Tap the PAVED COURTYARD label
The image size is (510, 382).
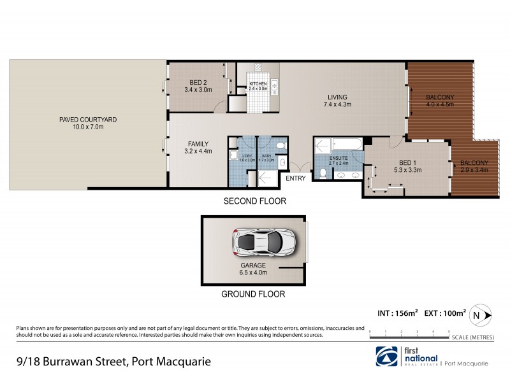(88, 119)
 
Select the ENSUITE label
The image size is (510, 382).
(339, 158)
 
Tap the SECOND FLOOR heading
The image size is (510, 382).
(254, 201)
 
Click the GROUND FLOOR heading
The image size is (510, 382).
(253, 294)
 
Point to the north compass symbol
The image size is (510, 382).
(478, 315)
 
